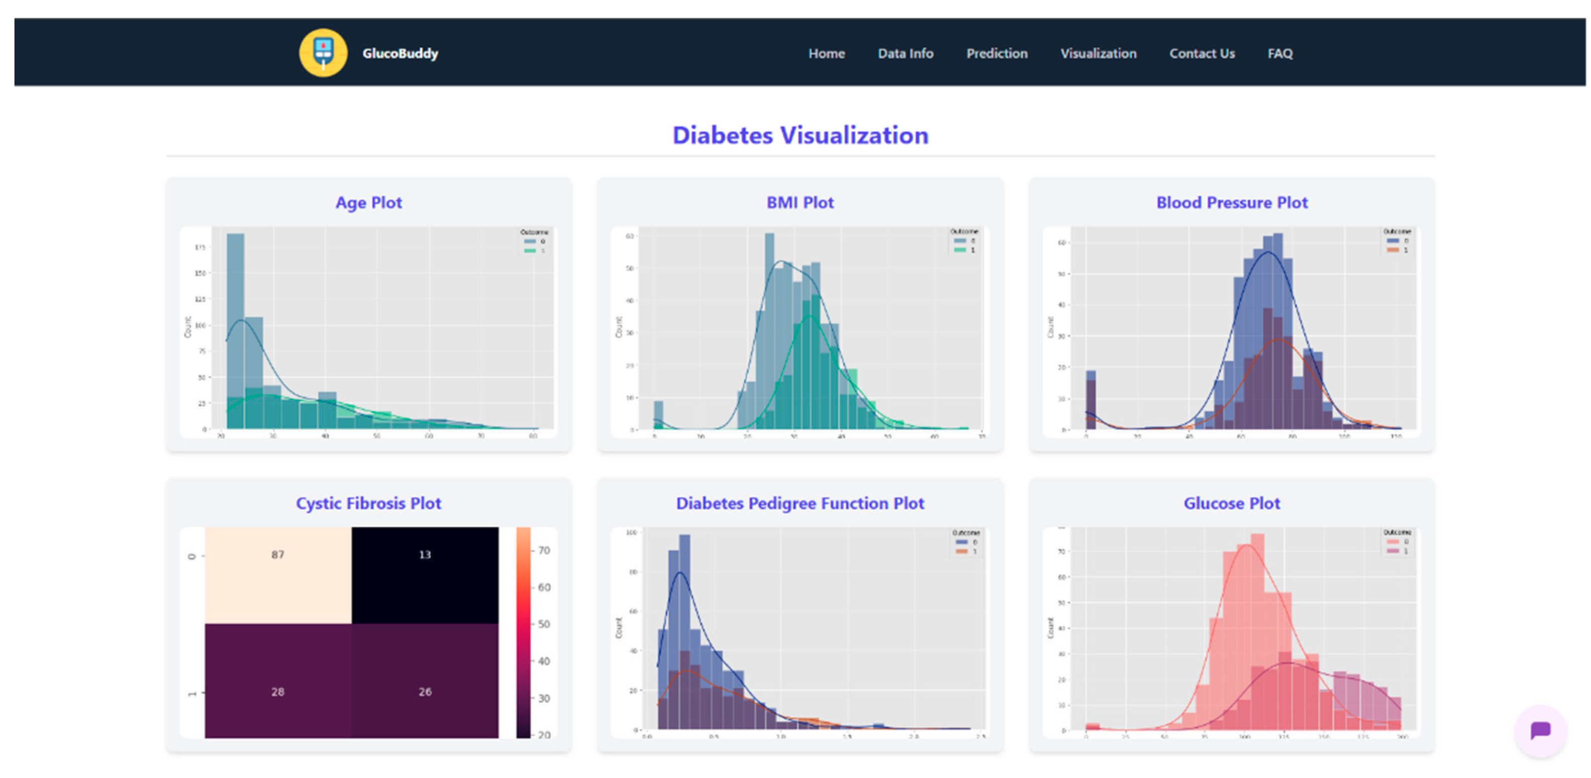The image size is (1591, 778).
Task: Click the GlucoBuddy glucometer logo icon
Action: pos(323,53)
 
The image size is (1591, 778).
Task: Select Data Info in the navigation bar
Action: pos(905,54)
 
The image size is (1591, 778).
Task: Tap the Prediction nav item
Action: pos(996,54)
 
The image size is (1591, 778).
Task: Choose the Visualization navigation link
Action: pos(1097,54)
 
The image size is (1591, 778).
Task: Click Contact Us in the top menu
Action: pos(1201,54)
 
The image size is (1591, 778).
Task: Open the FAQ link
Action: pos(1279,54)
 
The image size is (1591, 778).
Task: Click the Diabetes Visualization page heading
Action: pos(800,135)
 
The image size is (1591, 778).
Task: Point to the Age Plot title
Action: pos(369,203)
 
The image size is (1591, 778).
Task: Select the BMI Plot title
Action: pos(800,203)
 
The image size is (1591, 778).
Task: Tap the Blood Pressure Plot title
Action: pos(1231,203)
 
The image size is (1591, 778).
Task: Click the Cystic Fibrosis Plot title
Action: pos(369,503)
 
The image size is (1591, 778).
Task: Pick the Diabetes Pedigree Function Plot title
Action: pos(800,503)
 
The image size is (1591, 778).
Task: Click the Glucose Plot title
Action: pos(1231,503)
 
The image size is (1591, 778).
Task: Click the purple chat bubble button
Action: pos(1540,730)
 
